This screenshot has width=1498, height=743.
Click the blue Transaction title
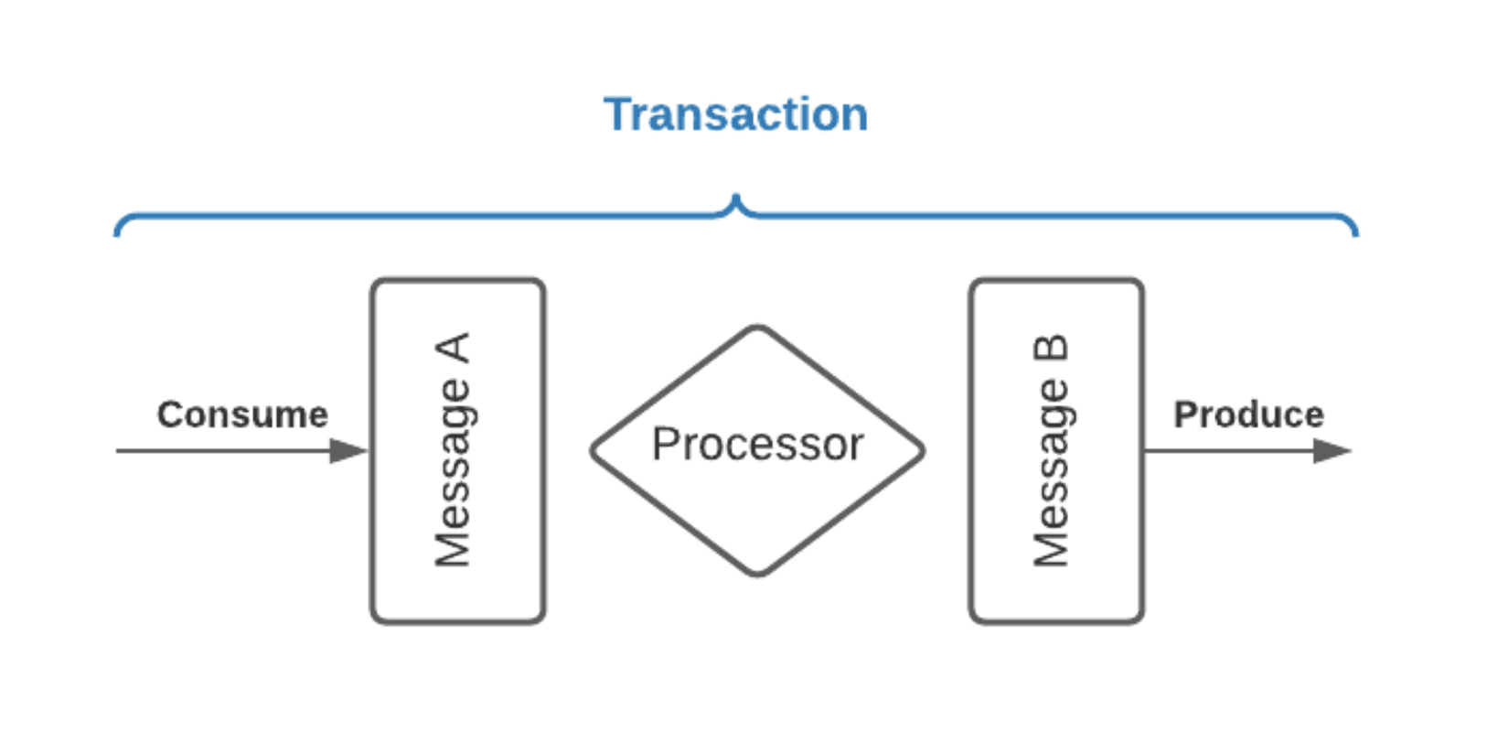point(735,114)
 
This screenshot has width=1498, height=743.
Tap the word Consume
point(242,415)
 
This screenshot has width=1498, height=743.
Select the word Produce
point(1248,415)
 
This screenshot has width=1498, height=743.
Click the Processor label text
point(757,445)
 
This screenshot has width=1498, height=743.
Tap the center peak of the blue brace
point(735,198)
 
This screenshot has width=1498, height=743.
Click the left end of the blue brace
point(117,232)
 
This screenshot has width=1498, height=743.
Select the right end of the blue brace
point(1355,232)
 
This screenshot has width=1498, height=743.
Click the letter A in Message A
point(454,349)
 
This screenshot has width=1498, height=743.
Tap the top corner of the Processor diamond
point(757,328)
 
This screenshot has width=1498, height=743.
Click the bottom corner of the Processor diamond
point(757,574)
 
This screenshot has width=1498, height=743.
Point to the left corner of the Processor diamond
point(594,450)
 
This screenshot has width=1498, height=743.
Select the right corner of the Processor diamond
point(923,450)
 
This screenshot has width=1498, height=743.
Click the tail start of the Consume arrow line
point(119,450)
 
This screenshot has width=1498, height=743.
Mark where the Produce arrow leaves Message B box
point(1145,450)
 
